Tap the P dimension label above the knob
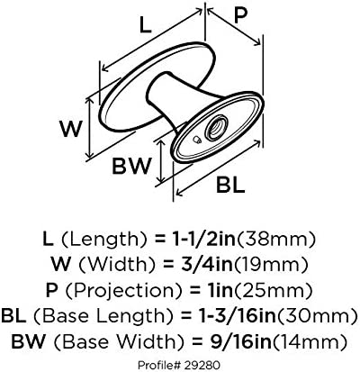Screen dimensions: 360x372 240,14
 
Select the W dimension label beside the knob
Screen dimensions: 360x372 70,129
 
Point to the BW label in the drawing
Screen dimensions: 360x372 130,166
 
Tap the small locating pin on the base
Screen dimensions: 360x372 197,140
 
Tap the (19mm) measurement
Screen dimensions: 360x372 271,266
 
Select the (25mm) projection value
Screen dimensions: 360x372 272,291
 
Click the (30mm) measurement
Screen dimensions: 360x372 317,316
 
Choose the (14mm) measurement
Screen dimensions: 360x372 310,342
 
